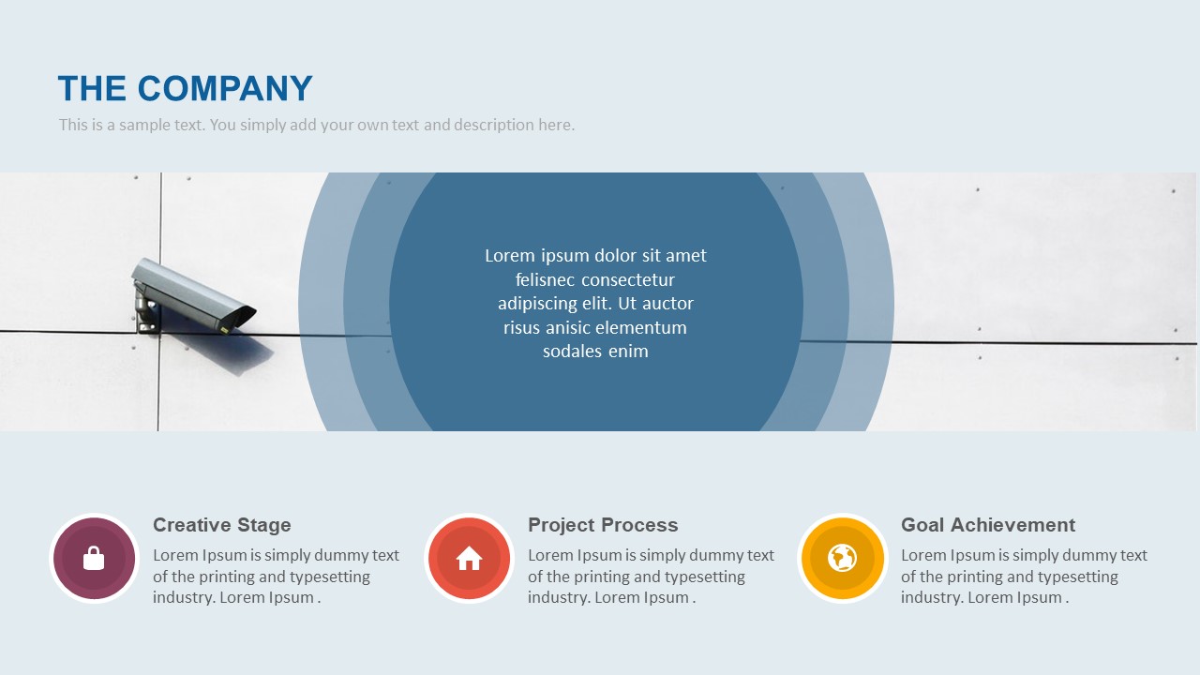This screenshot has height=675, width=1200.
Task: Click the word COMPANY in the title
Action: [x=225, y=88]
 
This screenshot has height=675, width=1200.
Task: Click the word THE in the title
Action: [x=92, y=88]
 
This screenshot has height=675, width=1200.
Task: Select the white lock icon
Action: [x=94, y=559]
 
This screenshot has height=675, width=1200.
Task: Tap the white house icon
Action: [x=469, y=559]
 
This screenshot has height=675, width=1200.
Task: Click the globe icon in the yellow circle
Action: [x=842, y=558]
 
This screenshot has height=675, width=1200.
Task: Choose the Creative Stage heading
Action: [x=222, y=525]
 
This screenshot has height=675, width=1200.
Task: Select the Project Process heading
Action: [x=603, y=525]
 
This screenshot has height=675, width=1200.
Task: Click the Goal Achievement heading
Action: [x=988, y=525]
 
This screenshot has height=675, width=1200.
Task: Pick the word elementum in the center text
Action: [x=643, y=328]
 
